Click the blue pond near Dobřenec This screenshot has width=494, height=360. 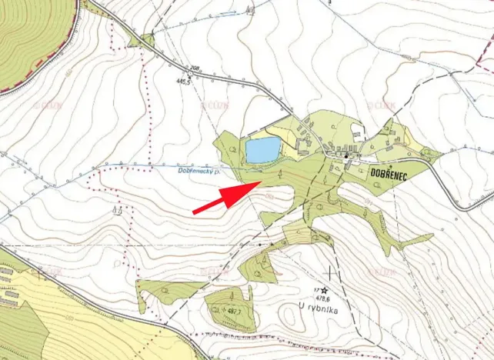pyautogui.click(x=262, y=149)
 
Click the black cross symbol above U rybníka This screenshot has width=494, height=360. pyautogui.click(x=331, y=271)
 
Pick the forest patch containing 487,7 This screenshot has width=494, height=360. pyautogui.click(x=229, y=308)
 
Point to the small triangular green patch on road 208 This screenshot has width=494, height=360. pyautogui.click(x=145, y=38)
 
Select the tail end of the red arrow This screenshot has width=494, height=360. pyautogui.click(x=195, y=211)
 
